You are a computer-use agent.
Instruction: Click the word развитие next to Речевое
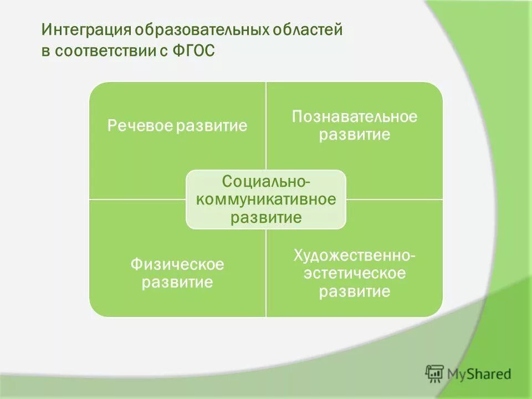point(211,126)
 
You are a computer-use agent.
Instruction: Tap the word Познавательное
point(355,117)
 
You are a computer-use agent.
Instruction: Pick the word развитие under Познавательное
point(355,135)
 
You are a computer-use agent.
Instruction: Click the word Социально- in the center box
point(266,181)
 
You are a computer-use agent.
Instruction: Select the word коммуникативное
point(266,199)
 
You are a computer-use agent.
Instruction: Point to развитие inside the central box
point(266,217)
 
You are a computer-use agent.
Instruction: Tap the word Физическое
point(177,264)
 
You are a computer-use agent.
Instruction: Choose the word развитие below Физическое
point(177,283)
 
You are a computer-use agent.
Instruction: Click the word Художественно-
point(355,255)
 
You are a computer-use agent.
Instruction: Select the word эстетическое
point(355,274)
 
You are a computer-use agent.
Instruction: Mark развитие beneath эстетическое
point(355,292)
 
